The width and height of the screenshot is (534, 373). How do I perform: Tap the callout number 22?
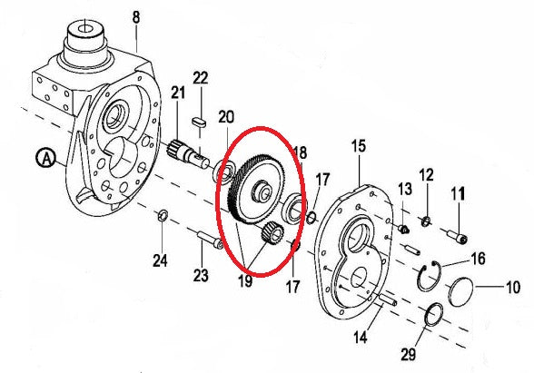pos(201,80)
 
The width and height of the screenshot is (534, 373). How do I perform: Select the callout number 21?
pos(177,93)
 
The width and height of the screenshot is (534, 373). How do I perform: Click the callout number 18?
pos(299,152)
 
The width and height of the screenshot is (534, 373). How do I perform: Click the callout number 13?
pos(403,189)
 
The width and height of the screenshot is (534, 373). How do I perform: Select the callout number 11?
pos(459,192)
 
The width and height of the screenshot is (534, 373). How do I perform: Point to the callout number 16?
pos(478,260)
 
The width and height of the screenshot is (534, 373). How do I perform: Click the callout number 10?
pos(512,289)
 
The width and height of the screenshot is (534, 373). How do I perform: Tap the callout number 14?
pos(360,338)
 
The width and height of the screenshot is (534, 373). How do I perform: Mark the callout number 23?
pos(202,274)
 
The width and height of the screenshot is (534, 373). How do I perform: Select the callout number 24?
pos(160,261)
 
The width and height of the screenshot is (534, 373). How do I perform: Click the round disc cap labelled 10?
pos(463,292)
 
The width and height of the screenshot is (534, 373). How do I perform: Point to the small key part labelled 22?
pos(202,119)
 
